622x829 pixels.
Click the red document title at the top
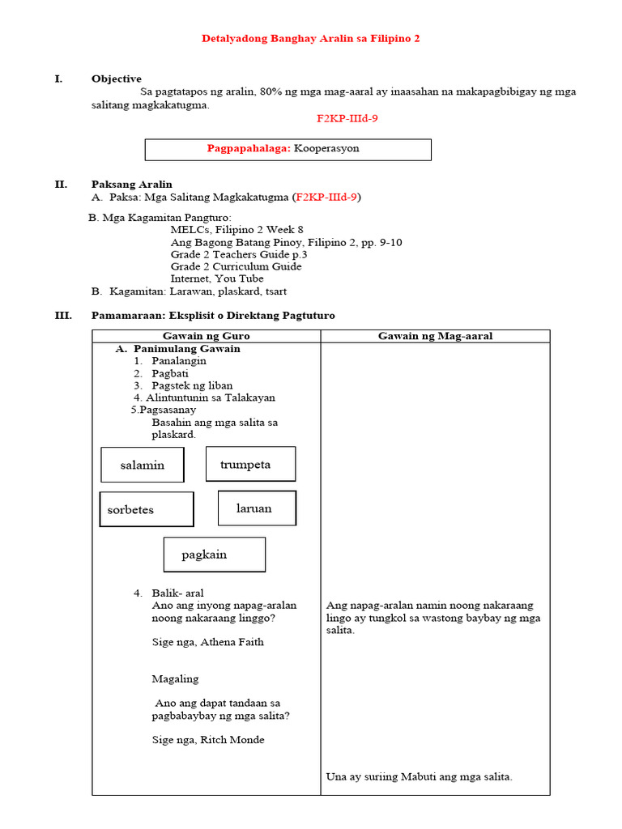[x=310, y=39]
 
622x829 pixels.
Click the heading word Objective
[x=116, y=79]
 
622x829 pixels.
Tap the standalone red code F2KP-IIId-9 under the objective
[x=347, y=118]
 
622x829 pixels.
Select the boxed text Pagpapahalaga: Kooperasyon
[x=288, y=149]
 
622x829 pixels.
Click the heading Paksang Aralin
[x=131, y=185]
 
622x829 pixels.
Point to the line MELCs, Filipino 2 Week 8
[x=236, y=230]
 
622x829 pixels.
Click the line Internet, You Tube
[x=216, y=278]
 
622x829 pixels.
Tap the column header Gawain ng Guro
[x=206, y=336]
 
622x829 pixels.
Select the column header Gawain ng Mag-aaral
[x=435, y=336]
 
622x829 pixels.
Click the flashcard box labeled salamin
[x=143, y=465]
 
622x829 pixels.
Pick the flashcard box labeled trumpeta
[x=250, y=464]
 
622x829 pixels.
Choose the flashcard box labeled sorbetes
[x=147, y=509]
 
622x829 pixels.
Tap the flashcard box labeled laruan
[x=257, y=508]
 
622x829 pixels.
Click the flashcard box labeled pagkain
[x=214, y=555]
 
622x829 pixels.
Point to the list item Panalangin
[x=178, y=361]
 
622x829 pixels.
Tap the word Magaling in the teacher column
[x=175, y=678]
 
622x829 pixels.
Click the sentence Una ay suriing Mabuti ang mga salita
[x=419, y=776]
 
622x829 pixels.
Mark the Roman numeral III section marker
[x=62, y=315]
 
